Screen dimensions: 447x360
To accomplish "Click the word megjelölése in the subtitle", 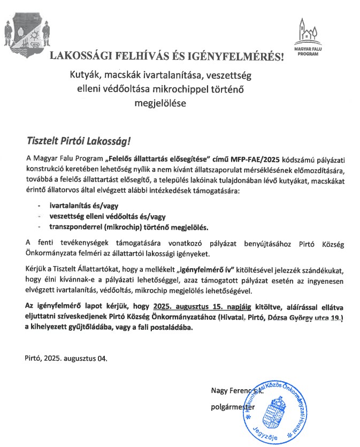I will tap(160, 103).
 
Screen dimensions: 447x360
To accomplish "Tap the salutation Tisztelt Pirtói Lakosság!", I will tap(78, 142).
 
